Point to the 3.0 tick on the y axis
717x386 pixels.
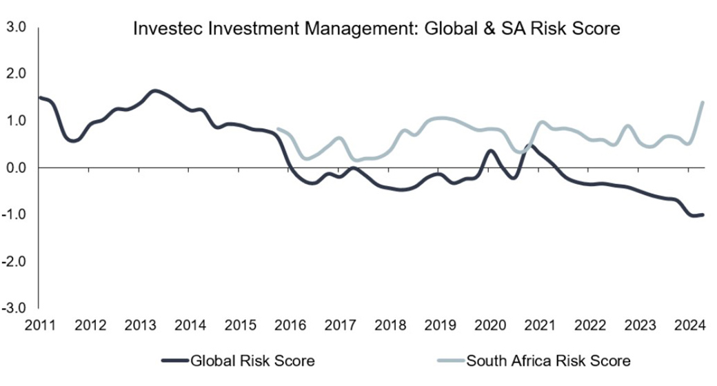15,28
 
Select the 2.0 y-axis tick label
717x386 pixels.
15,74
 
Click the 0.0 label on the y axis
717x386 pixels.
15,167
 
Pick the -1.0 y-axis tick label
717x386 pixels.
13,214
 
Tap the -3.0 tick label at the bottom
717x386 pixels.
13,307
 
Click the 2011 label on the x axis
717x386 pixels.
39,324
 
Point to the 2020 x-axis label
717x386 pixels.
491,324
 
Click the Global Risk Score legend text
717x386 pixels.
252,360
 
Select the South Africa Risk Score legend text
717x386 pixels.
549,360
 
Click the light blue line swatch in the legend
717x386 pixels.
451,360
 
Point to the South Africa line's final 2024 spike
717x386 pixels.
703,103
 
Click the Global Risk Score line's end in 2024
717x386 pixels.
703,214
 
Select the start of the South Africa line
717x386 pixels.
278,129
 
